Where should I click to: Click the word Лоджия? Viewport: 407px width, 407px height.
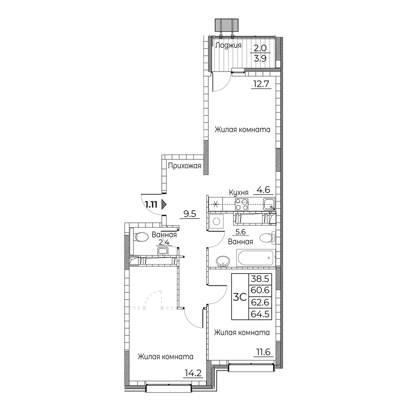[228, 46]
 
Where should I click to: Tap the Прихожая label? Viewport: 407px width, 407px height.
[184, 166]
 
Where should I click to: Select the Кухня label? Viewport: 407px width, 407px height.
[239, 193]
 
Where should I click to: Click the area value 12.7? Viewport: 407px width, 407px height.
[261, 84]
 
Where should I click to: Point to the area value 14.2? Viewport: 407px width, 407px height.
[193, 373]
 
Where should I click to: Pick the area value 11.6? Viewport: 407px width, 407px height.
[263, 352]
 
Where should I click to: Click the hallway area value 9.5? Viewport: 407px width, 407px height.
[190, 214]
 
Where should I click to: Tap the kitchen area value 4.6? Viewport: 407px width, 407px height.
[263, 190]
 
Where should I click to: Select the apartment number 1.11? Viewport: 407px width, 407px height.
[151, 205]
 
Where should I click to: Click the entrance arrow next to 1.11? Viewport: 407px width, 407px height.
[164, 205]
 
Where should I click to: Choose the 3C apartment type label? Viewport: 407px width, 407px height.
[240, 297]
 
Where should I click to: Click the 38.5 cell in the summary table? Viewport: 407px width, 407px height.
[260, 279]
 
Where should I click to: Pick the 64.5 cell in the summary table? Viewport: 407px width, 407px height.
[260, 314]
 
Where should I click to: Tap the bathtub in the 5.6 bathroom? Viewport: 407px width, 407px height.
[256, 258]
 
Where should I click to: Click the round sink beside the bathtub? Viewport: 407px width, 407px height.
[223, 261]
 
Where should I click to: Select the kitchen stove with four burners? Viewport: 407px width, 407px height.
[242, 205]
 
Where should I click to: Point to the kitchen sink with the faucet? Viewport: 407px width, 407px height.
[269, 204]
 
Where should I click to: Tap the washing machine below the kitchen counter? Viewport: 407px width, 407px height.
[216, 221]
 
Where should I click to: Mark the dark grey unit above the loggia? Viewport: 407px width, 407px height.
[226, 24]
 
